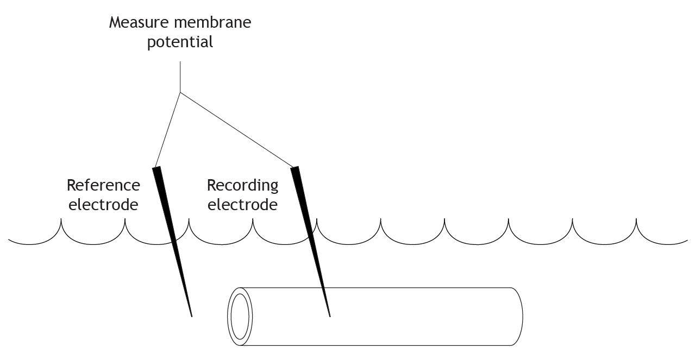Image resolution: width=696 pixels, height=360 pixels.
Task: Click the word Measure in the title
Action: (139, 22)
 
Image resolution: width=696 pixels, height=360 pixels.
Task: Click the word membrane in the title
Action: (212, 22)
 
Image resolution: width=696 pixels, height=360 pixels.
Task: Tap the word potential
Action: (180, 42)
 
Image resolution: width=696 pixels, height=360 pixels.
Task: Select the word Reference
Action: (103, 185)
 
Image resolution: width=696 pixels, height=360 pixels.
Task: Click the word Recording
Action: (243, 186)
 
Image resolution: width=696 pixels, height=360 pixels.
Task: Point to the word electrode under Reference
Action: (103, 205)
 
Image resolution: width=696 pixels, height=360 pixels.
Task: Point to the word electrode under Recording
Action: (243, 205)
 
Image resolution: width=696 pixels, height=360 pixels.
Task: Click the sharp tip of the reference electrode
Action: (192, 317)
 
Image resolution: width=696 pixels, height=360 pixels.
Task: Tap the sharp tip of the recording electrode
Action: (330, 317)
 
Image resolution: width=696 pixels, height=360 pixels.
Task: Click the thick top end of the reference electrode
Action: (156, 167)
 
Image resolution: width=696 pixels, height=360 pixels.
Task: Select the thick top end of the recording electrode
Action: (294, 167)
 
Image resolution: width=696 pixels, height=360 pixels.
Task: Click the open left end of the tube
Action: (240, 317)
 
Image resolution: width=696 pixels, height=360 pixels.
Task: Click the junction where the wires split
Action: (180, 92)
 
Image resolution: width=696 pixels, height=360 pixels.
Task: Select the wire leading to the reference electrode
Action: (168, 130)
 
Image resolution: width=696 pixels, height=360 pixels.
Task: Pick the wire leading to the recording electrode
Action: (237, 130)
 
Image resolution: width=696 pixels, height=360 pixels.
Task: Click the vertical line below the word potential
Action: (180, 77)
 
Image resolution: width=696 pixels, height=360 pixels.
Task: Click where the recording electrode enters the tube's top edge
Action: (323, 288)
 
